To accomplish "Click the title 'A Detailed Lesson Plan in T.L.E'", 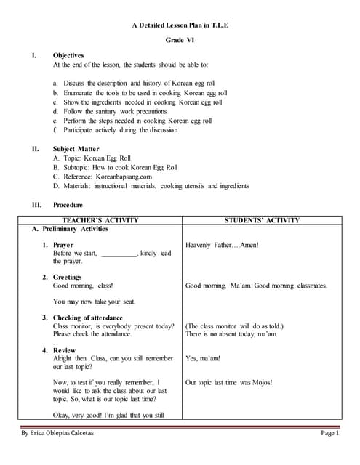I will click(x=180, y=25).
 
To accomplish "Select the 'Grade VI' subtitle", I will click(x=180, y=41).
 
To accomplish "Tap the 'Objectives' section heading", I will click(x=68, y=55).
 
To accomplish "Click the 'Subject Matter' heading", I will click(x=76, y=148).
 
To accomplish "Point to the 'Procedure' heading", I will click(x=68, y=205).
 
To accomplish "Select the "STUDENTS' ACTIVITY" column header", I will click(x=263, y=220).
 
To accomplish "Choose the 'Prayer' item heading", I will click(x=63, y=245).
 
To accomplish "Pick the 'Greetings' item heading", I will click(x=68, y=277).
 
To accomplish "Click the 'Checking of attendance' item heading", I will click(x=88, y=318).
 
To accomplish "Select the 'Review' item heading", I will click(x=64, y=350).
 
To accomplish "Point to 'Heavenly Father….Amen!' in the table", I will click(x=222, y=245).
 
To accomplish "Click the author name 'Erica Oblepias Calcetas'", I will click(x=71, y=434).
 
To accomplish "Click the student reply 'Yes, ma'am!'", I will click(x=203, y=358).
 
